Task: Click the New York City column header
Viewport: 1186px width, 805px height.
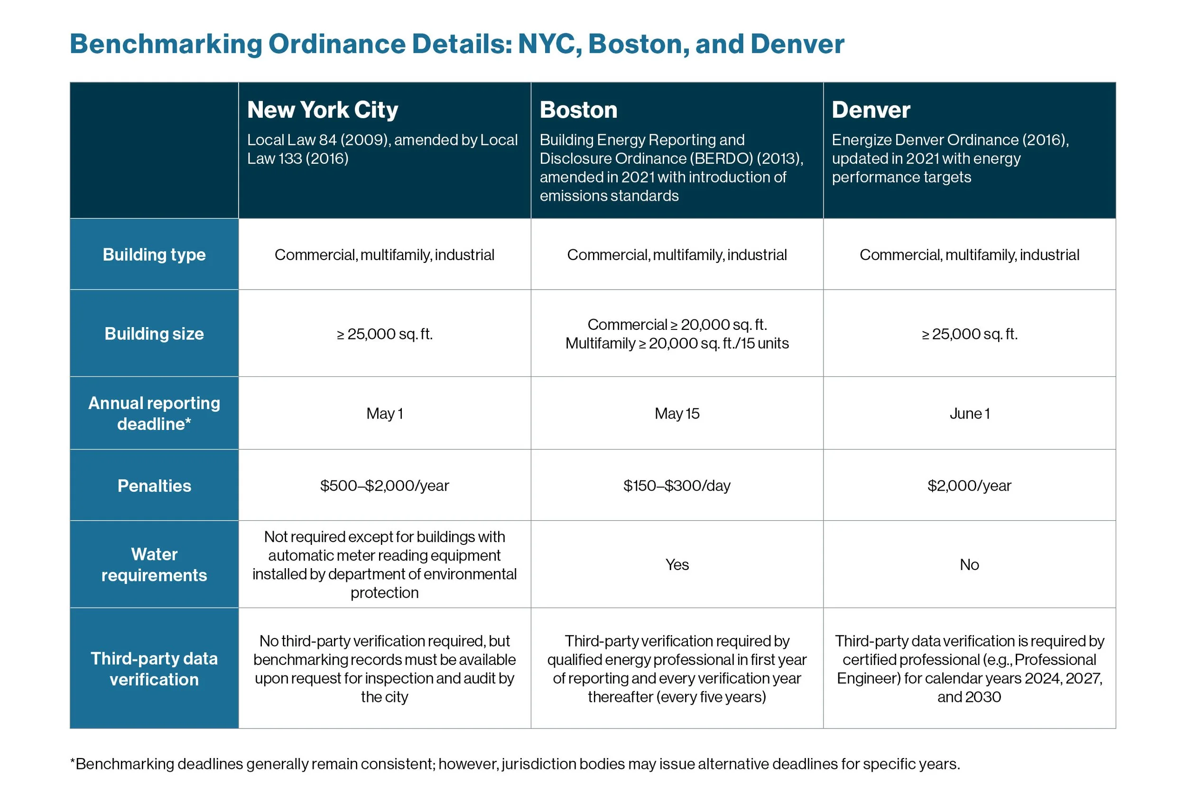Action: pyautogui.click(x=323, y=110)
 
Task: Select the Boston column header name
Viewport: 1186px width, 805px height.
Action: pyautogui.click(x=578, y=110)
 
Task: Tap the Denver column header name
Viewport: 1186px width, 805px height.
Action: pyautogui.click(x=871, y=110)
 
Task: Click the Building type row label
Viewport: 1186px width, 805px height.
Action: pyautogui.click(x=154, y=255)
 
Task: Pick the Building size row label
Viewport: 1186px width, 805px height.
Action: pyautogui.click(x=154, y=334)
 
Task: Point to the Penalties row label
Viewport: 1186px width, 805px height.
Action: pyautogui.click(x=154, y=486)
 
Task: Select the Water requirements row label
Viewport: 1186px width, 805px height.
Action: pyautogui.click(x=154, y=564)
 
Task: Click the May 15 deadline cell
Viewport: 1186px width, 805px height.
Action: pyautogui.click(x=676, y=413)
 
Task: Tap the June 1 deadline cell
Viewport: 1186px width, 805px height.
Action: pyautogui.click(x=969, y=413)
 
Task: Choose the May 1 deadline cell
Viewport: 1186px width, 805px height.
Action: pyautogui.click(x=384, y=413)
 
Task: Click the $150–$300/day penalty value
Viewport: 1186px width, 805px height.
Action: pyautogui.click(x=676, y=486)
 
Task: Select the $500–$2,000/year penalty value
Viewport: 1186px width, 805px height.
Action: pyautogui.click(x=384, y=486)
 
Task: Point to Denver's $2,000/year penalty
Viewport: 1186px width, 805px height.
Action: pyautogui.click(x=969, y=486)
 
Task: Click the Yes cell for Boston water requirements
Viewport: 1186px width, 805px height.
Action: pyautogui.click(x=676, y=564)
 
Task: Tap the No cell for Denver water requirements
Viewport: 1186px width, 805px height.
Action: pyautogui.click(x=969, y=564)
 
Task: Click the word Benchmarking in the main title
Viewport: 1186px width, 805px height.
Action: pyautogui.click(x=166, y=45)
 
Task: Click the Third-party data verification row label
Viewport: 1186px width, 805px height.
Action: pyautogui.click(x=154, y=669)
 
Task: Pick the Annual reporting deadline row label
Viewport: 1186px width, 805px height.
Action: pyautogui.click(x=154, y=413)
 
